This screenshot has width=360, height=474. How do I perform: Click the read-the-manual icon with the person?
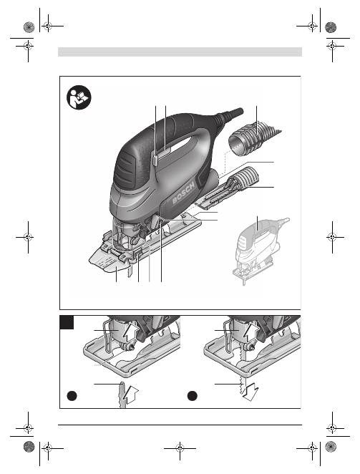click(79, 97)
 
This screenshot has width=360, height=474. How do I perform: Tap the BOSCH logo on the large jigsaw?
click(184, 194)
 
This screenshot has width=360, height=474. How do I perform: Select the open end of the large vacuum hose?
click(238, 145)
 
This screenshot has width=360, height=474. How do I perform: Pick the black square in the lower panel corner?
click(67, 322)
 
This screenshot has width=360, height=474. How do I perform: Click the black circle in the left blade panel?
click(72, 396)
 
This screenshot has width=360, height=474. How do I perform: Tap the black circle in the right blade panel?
click(193, 396)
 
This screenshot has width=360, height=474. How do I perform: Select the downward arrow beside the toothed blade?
click(250, 392)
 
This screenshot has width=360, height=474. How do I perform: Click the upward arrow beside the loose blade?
click(132, 395)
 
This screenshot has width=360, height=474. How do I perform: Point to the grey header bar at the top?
click(180, 52)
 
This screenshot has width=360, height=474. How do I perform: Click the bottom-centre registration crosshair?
click(180, 448)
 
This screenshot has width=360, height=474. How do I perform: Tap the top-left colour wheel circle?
click(29, 27)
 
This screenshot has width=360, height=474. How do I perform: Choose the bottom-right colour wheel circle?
click(331, 447)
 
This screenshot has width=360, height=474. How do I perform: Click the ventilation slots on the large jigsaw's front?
click(124, 170)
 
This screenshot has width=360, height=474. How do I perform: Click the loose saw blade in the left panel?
click(122, 395)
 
